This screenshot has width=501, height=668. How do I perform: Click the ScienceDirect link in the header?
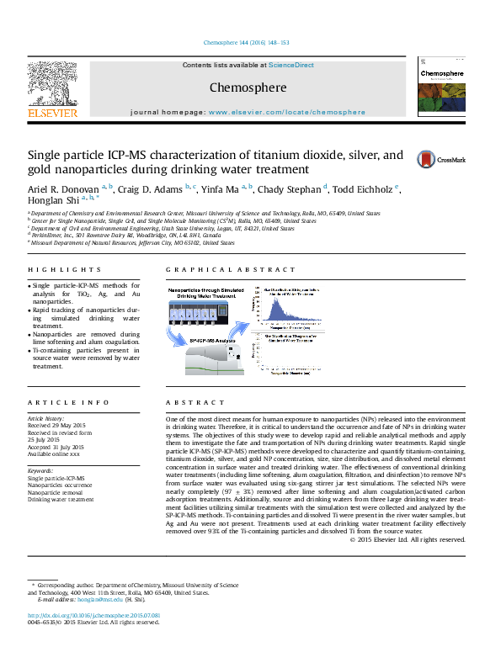pyautogui.click(x=291, y=65)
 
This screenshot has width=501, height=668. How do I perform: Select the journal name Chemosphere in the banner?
pyautogui.click(x=248, y=87)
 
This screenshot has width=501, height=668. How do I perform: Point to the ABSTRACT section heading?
pyautogui.click(x=186, y=403)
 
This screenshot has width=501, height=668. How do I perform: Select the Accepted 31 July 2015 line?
pyautogui.click(x=56, y=446)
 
